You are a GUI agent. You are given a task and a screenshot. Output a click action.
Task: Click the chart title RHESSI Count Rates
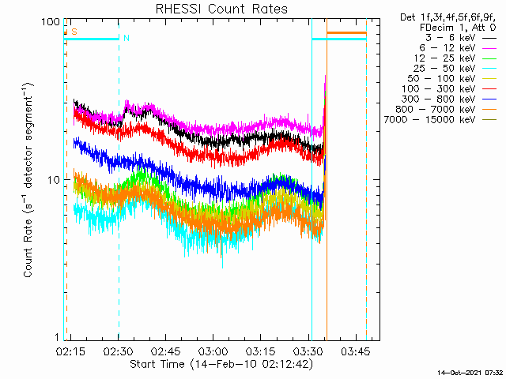[221, 9]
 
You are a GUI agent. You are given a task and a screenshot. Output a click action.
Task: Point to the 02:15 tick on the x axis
[70, 351]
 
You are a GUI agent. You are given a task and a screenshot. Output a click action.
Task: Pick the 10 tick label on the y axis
[53, 180]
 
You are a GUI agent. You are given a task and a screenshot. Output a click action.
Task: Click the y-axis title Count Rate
[29, 180]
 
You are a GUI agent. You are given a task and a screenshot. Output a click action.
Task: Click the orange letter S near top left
[74, 32]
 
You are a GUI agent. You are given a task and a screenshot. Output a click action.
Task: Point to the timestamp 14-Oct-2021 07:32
[471, 372]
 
